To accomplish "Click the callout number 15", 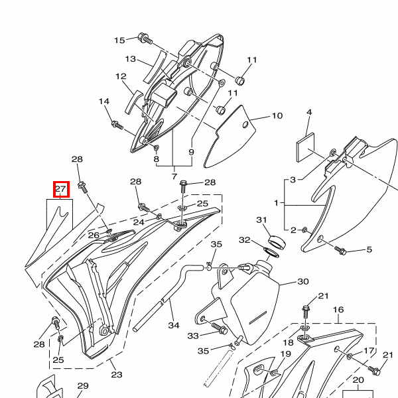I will point(119,40).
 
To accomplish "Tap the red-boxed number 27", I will point(61,190).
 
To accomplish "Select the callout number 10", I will point(277,115).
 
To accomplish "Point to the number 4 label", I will point(308,113).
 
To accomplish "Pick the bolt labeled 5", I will point(342,251).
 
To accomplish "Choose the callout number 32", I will point(245,239).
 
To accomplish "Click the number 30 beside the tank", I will point(302,281).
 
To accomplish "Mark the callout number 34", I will point(174,326).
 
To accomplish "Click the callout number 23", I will point(117,375).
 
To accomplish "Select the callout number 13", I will point(130,59).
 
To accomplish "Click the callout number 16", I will point(338,310).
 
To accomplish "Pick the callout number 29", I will point(83,385).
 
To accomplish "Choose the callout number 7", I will point(174,177).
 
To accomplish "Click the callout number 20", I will point(358,380).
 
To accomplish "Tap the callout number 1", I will point(277,202).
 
